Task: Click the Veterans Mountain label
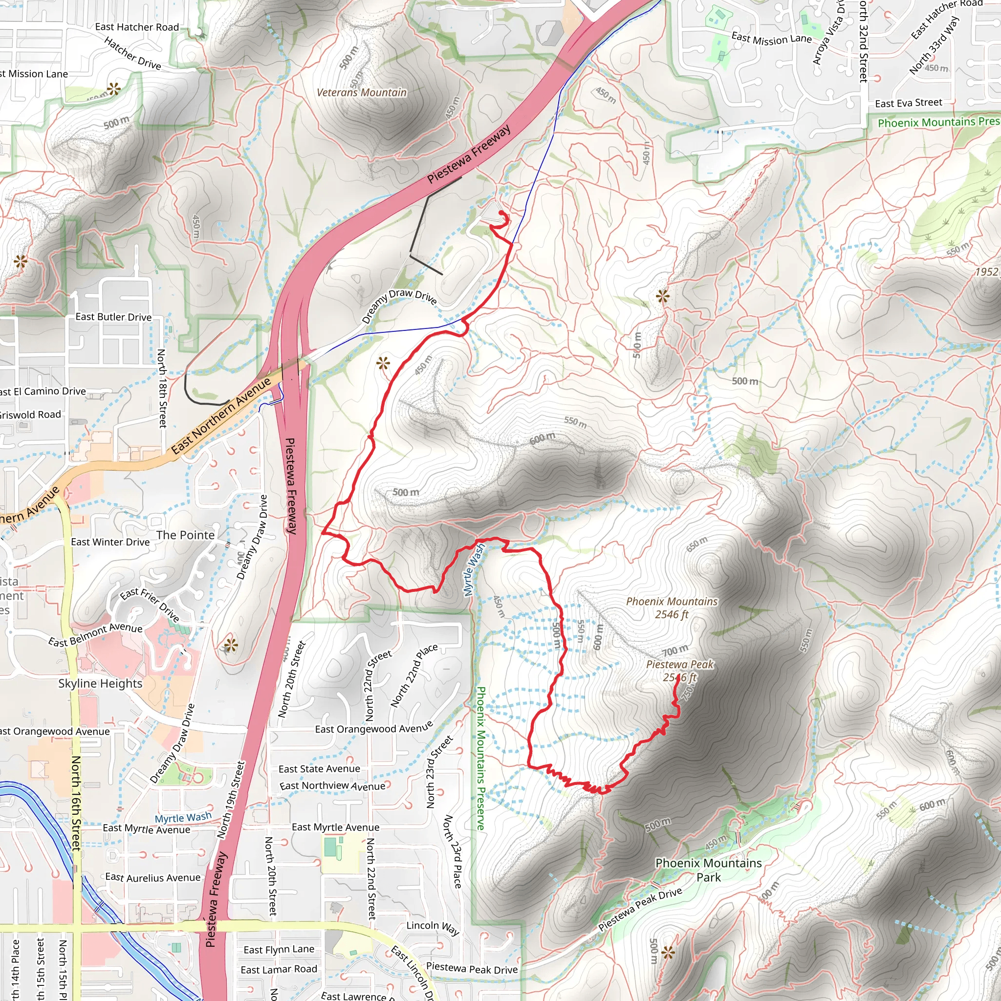(x=362, y=93)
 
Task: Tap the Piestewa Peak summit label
(x=680, y=671)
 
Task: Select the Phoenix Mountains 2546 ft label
(x=672, y=608)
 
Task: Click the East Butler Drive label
(x=113, y=317)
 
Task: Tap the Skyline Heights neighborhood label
(x=100, y=683)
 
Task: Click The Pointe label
(x=185, y=535)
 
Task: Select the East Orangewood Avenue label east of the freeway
(x=373, y=728)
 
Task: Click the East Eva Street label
(x=908, y=103)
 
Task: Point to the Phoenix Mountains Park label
(x=708, y=870)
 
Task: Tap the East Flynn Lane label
(x=279, y=949)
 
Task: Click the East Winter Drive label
(x=110, y=542)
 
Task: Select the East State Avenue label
(x=319, y=769)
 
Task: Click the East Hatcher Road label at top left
(x=137, y=27)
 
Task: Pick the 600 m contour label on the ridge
(x=542, y=438)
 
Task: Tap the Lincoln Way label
(x=433, y=927)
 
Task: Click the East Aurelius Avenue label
(x=153, y=877)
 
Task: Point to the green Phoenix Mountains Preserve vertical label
(x=480, y=759)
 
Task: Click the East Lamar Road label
(x=279, y=969)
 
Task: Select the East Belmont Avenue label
(x=95, y=635)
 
